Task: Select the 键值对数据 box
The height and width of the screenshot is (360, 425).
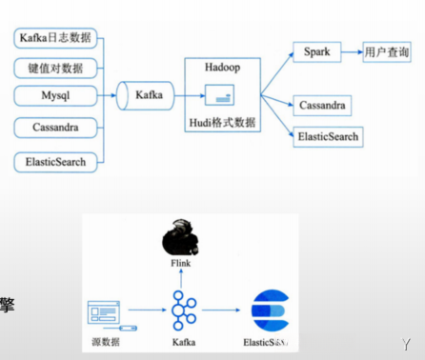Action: pos(55,68)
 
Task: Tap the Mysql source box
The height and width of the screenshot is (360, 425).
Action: pos(55,96)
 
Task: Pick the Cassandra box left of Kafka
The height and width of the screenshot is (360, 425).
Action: pos(55,127)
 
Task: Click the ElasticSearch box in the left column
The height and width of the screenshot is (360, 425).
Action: pos(55,162)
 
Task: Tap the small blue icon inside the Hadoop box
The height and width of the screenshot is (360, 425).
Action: pos(220,95)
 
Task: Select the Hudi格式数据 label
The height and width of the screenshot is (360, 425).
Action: pos(221,122)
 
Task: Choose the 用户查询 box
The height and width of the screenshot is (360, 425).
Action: pos(387,52)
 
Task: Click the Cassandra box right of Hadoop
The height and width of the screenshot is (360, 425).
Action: pos(322,105)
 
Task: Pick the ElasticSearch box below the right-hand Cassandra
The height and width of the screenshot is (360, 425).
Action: pos(328,136)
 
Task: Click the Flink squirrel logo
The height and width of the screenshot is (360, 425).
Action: pos(180,237)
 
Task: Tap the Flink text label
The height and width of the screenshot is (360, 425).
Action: pos(180,263)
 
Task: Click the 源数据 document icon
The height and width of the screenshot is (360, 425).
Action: pos(105,311)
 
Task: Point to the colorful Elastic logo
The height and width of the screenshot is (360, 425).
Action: pos(270,310)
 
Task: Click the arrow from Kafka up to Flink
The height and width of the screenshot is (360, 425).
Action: pos(181,279)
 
